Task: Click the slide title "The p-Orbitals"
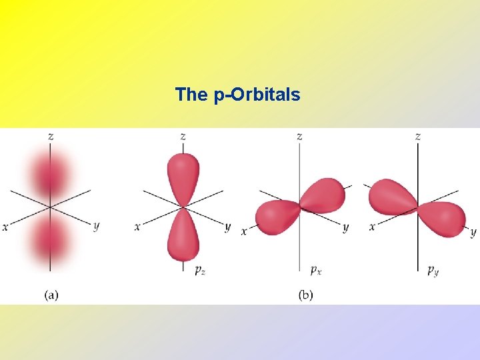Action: click(x=237, y=95)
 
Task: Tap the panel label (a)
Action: click(x=51, y=295)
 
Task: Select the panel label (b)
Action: click(x=306, y=295)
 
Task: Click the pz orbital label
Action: click(x=199, y=269)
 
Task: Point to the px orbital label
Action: click(x=317, y=269)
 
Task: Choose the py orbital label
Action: click(x=433, y=269)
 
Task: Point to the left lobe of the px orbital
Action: click(x=275, y=216)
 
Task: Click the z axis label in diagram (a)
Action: click(x=51, y=136)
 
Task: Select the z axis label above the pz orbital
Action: click(x=183, y=136)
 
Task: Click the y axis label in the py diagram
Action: click(x=473, y=232)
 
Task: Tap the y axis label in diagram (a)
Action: click(x=96, y=226)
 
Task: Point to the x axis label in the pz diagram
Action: click(x=137, y=227)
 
